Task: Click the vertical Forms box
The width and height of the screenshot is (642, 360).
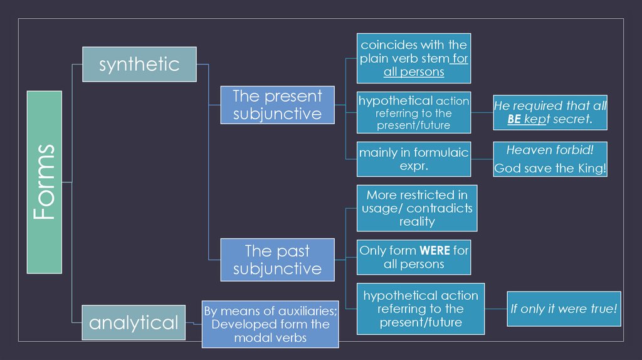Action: [44, 182]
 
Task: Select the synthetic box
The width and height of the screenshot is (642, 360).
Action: [139, 64]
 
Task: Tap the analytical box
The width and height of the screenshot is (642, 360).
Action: [134, 322]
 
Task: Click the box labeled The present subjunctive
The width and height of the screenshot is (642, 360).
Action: [277, 105]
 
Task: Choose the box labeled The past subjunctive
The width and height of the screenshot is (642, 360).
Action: [277, 260]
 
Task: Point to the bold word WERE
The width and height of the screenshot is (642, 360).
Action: [434, 250]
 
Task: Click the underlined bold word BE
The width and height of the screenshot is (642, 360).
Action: [514, 119]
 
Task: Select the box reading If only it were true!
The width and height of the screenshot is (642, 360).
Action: [564, 309]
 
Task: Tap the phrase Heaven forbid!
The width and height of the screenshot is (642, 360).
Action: [550, 150]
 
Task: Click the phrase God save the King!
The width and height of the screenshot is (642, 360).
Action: [550, 168]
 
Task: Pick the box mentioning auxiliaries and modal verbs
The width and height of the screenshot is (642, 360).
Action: [270, 324]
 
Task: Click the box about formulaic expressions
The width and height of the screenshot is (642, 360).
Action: [413, 159]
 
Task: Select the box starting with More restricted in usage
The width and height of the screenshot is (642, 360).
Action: [417, 208]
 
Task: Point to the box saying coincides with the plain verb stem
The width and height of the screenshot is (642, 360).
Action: [414, 58]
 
